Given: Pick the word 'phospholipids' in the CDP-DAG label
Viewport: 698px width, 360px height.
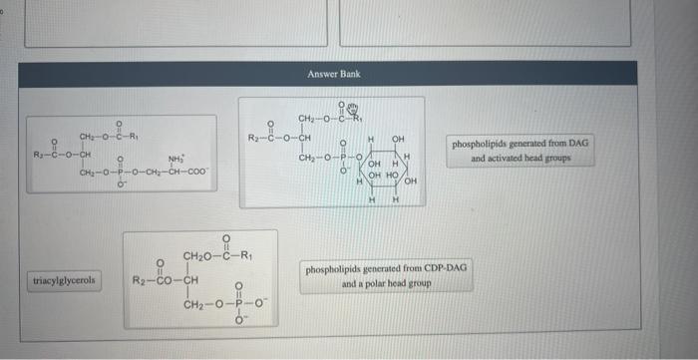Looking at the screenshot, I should pyautogui.click(x=335, y=269).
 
